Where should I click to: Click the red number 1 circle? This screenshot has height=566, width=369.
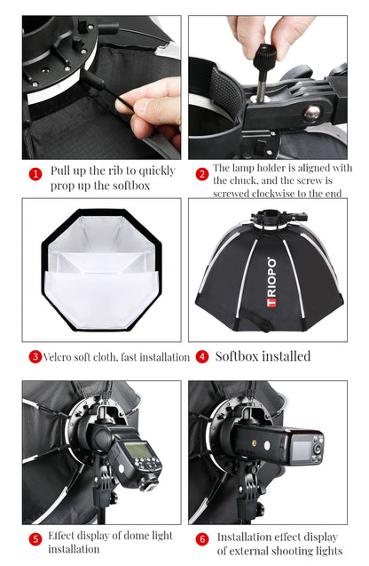(35, 174)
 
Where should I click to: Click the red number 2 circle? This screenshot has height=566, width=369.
(202, 174)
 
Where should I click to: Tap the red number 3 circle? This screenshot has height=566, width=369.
(35, 356)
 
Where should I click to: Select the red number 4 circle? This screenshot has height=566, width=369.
(202, 356)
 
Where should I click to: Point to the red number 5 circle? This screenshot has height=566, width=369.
(35, 538)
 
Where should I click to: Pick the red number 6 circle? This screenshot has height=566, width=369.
(202, 538)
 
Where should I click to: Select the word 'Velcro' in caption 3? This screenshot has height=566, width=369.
(59, 357)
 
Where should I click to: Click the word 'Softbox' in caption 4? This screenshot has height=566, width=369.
(239, 356)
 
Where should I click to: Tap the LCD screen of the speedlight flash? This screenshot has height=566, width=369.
(137, 450)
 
